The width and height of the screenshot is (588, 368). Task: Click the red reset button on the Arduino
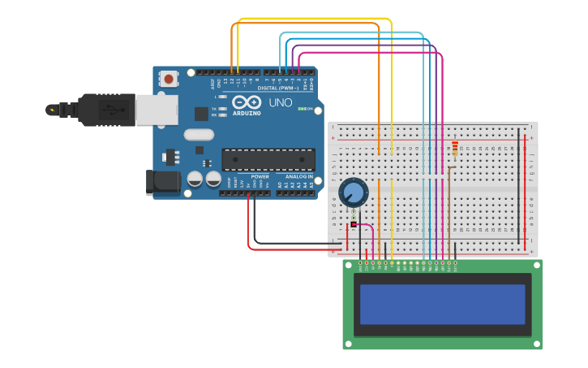(x=169, y=79)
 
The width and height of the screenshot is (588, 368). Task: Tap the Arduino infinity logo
(x=247, y=102)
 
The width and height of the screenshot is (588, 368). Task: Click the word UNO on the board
(x=280, y=103)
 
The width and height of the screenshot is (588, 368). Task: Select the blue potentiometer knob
(x=353, y=192)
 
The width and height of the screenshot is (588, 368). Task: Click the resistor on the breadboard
(x=454, y=149)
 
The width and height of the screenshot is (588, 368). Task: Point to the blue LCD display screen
(x=443, y=304)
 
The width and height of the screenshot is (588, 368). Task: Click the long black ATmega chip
(x=268, y=160)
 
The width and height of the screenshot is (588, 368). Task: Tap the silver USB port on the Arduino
(x=157, y=110)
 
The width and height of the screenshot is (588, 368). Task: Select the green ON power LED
(x=302, y=108)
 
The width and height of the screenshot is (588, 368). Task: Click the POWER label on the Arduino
(x=260, y=176)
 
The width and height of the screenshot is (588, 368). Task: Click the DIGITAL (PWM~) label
(x=278, y=88)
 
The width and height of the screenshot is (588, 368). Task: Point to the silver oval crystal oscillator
(x=199, y=135)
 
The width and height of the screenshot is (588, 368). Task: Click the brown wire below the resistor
(x=449, y=211)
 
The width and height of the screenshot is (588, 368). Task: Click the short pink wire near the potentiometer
(x=365, y=226)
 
